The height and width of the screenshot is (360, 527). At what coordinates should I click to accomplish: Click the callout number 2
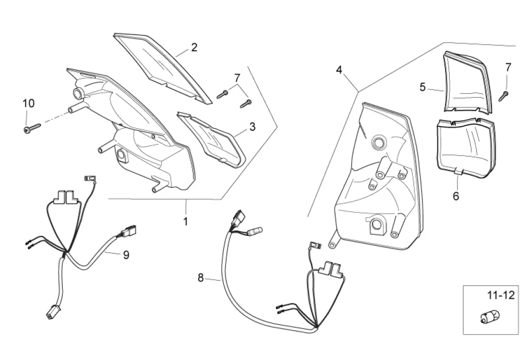tap(194, 47)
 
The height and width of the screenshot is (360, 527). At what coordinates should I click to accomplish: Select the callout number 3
tap(252, 127)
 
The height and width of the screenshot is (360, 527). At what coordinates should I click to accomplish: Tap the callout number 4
tap(339, 70)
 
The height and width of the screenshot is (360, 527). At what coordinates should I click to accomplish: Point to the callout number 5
tap(423, 87)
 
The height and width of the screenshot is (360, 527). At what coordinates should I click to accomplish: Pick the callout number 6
tap(456, 196)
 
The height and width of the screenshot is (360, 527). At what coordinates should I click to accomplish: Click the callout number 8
tap(201, 278)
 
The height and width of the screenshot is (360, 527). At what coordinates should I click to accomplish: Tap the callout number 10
tap(28, 103)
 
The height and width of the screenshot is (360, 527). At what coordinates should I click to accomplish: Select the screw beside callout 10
tap(31, 128)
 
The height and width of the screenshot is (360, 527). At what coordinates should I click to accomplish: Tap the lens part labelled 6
tap(463, 147)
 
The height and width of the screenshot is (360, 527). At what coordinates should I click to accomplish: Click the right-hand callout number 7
tap(508, 67)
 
